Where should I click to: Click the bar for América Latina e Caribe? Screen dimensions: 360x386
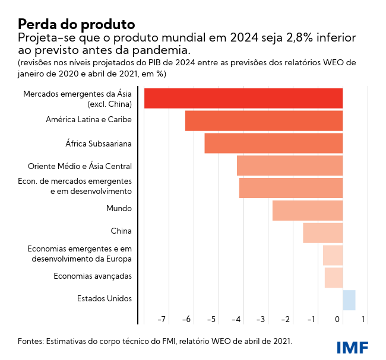tap(264, 120)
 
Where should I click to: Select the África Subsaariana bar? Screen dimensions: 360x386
tap(274, 143)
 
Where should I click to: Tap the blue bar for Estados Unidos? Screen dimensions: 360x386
tap(349, 300)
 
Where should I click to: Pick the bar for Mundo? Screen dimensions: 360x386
tap(308, 210)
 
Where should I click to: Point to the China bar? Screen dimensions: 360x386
tap(322, 232)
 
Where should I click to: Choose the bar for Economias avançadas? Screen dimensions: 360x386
tap(334, 277)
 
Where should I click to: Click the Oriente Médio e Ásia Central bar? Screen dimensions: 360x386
tap(290, 165)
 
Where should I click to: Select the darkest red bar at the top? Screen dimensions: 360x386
tap(243, 98)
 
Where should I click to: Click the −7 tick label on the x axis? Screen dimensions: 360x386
tap(161, 320)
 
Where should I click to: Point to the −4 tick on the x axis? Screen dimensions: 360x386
tap(236, 320)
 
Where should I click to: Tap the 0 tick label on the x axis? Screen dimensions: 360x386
tap(338, 320)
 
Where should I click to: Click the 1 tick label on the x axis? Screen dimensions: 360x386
tap(363, 320)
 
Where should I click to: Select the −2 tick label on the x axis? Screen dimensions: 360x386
tap(286, 320)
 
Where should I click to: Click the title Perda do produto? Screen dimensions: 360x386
tap(76, 24)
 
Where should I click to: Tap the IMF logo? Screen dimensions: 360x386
tap(352, 346)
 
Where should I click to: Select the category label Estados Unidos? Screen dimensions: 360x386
tap(105, 299)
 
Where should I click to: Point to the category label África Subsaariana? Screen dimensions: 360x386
tap(99, 144)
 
